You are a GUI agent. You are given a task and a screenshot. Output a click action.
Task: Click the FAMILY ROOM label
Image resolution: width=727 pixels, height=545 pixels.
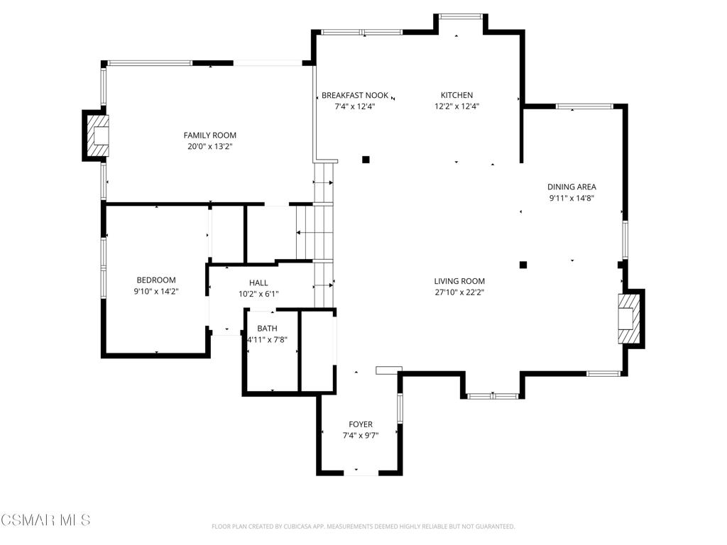pyautogui.click(x=209, y=135)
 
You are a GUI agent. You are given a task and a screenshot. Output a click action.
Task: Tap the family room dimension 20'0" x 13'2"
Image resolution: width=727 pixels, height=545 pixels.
pyautogui.click(x=209, y=147)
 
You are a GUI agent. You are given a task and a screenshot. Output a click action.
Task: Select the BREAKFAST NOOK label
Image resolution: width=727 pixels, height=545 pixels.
pyautogui.click(x=355, y=95)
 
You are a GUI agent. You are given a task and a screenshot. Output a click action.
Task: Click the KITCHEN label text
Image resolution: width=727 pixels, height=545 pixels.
pyautogui.click(x=457, y=95)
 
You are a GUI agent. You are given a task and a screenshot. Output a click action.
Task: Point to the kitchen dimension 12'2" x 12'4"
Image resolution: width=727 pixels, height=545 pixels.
pyautogui.click(x=457, y=106)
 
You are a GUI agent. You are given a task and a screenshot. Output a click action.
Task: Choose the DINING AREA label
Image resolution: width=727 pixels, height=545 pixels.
pyautogui.click(x=572, y=187)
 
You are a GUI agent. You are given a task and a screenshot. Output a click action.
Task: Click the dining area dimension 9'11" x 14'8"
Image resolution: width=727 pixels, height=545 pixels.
pyautogui.click(x=572, y=199)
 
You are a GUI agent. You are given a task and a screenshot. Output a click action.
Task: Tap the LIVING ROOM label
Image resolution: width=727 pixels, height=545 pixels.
pyautogui.click(x=460, y=281)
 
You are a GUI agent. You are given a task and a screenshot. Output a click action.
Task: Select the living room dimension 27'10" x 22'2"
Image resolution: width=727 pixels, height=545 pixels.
pyautogui.click(x=460, y=292)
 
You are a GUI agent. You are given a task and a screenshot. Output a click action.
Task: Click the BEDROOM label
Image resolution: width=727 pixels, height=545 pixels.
pyautogui.click(x=156, y=280)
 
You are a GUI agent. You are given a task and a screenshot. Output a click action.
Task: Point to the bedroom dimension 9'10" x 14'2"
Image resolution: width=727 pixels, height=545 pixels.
pyautogui.click(x=156, y=292)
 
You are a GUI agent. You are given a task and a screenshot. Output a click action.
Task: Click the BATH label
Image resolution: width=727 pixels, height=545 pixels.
pyautogui.click(x=267, y=329)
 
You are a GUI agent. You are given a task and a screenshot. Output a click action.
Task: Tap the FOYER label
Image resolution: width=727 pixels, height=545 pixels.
pyautogui.click(x=360, y=424)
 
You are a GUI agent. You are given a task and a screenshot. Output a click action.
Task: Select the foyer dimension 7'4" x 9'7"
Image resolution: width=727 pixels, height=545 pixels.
pyautogui.click(x=360, y=436)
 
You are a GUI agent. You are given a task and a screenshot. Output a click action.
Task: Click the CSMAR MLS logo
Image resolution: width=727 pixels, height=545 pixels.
pyautogui.click(x=45, y=520)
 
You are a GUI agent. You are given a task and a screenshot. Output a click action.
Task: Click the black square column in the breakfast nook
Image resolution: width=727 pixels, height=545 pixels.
pyautogui.click(x=366, y=160)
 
